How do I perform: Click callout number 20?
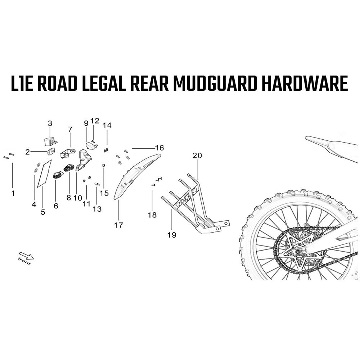[197, 156]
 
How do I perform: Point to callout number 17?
[118, 225]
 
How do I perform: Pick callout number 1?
[13, 193]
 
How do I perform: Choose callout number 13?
[97, 209]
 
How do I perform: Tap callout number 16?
[159, 148]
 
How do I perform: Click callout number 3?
[50, 123]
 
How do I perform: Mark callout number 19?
[172, 235]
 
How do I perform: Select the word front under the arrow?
[24, 261]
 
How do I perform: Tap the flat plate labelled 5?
[44, 174]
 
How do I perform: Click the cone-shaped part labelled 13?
[97, 184]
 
